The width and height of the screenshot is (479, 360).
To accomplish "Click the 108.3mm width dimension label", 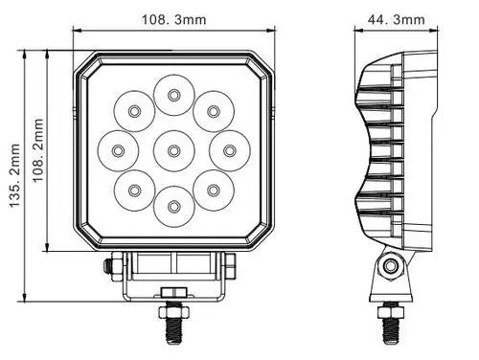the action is coord(174,20).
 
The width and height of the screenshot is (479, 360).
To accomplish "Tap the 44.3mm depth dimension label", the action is coord(397,20).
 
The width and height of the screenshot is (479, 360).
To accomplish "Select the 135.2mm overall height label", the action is coord(14,175).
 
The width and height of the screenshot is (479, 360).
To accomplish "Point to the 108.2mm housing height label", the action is coord(38,150).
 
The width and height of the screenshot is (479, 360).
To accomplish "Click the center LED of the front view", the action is coord(174,150).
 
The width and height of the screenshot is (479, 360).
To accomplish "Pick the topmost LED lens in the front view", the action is coord(174,95).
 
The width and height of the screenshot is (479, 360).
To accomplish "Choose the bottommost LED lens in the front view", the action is coord(174,206).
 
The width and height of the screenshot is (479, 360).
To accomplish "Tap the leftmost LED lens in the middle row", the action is coord(118,150).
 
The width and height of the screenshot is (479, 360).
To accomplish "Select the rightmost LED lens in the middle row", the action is coord(230,150).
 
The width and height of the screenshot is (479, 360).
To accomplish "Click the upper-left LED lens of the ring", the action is coord(134,111).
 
